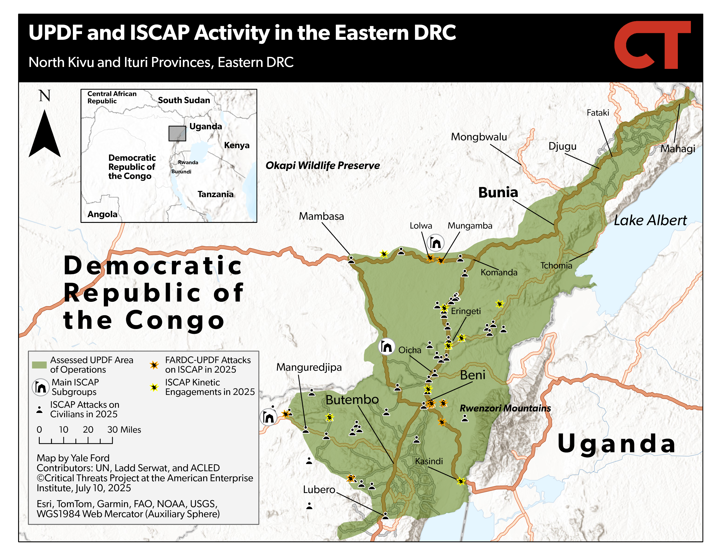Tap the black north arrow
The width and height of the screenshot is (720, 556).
pyautogui.click(x=45, y=133)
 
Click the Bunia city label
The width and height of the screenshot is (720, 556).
pyautogui.click(x=498, y=192)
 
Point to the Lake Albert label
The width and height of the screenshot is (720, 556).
pyautogui.click(x=650, y=220)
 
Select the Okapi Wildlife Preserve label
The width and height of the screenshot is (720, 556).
pyautogui.click(x=323, y=165)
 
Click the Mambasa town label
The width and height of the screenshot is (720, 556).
pyautogui.click(x=321, y=217)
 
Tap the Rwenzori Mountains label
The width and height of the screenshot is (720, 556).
pyautogui.click(x=505, y=408)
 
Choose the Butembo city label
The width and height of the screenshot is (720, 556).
pyautogui.click(x=352, y=399)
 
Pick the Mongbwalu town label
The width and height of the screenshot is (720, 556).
pyautogui.click(x=479, y=137)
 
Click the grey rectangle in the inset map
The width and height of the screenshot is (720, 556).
pyautogui.click(x=177, y=133)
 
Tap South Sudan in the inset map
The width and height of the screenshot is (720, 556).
pyautogui.click(x=184, y=100)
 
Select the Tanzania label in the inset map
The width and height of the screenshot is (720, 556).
pyautogui.click(x=216, y=194)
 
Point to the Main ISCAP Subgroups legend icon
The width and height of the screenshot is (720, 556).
pyautogui.click(x=41, y=387)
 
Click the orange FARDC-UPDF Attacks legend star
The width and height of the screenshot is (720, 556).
pyautogui.click(x=154, y=365)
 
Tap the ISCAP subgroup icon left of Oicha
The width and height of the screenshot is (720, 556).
pyautogui.click(x=386, y=346)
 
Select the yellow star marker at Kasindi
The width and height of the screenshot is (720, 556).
pyautogui.click(x=461, y=481)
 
